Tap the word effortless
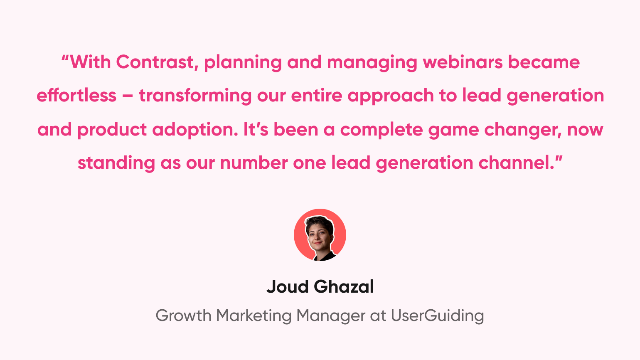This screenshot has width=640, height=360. [x=76, y=95]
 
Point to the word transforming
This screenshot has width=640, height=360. [x=195, y=96]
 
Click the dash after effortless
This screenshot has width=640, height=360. [x=128, y=96]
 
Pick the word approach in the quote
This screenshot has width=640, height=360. [x=391, y=96]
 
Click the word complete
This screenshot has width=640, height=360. [x=382, y=130]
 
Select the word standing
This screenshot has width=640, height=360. [x=116, y=163]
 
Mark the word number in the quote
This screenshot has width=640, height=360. [x=254, y=163]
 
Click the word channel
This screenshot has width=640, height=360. [x=516, y=163]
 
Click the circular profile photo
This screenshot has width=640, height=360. [x=320, y=235]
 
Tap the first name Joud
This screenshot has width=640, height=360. [x=288, y=286]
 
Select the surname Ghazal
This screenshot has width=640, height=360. [x=344, y=286]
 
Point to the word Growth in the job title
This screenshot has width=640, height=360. [x=183, y=316]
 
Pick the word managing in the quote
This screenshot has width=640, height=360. [x=372, y=63]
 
